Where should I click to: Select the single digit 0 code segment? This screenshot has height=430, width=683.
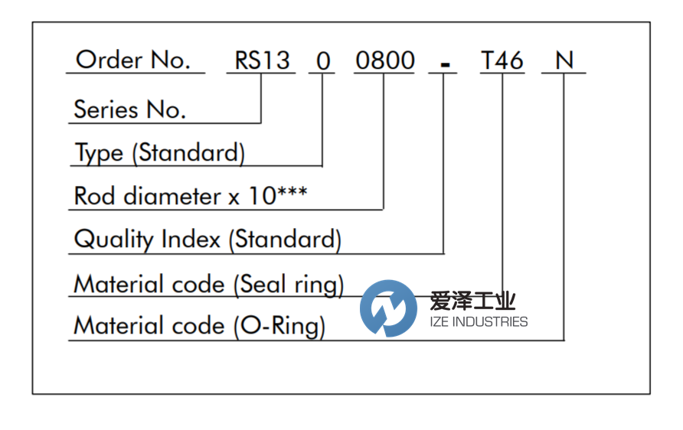coord(322,60)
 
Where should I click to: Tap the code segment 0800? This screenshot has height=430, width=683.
coord(384,60)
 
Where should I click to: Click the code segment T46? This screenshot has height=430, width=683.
coord(502,60)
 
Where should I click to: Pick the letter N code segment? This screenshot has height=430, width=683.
coord(564,60)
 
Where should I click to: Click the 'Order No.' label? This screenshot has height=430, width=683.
coord(133,60)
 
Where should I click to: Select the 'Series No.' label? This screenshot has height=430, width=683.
coord(129,109)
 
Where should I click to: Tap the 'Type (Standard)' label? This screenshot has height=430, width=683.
coord(159,153)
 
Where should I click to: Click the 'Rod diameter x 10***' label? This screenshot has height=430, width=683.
coord(190,197)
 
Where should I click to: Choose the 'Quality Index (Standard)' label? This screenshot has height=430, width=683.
coord(207,240)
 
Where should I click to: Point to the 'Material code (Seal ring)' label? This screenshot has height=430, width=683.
coord(208,285)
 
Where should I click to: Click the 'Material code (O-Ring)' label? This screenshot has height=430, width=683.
coord(199,327)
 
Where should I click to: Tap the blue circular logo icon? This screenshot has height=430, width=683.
coord(388,308)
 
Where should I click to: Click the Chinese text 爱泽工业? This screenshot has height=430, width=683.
coord(473,300)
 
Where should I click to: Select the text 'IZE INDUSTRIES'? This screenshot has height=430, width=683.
coord(478,322)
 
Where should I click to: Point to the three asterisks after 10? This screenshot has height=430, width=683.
coord(292,191)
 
